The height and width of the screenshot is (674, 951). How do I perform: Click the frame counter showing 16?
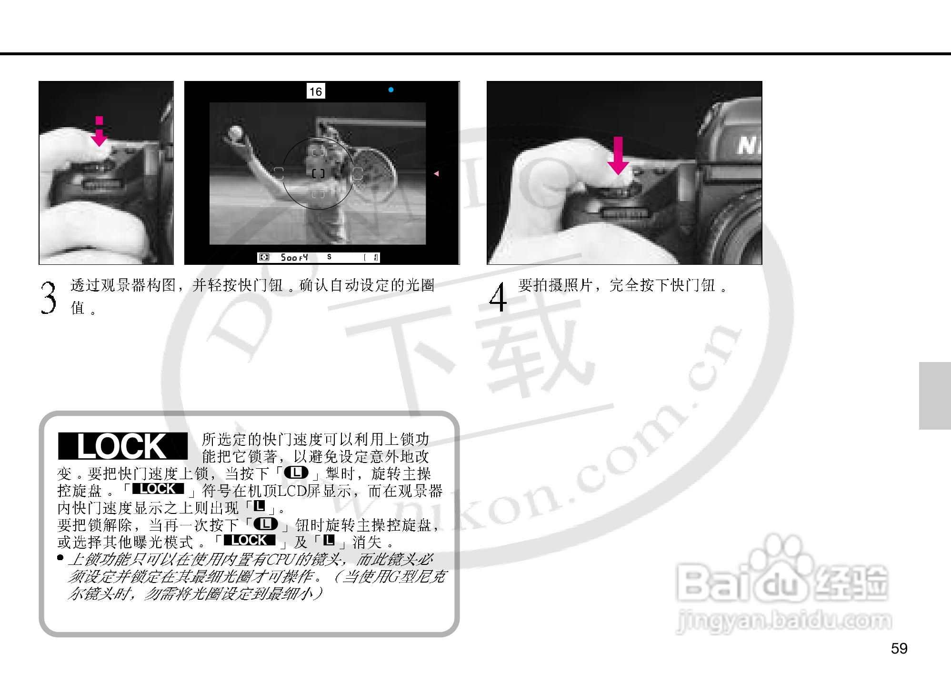click(x=315, y=91)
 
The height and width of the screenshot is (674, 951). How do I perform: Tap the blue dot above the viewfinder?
click(x=391, y=90)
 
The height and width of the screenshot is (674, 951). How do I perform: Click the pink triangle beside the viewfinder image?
click(x=436, y=174)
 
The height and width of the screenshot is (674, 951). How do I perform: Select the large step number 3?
click(x=48, y=298)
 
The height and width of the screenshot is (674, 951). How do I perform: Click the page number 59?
click(x=899, y=648)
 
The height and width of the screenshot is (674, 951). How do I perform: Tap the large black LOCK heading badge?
click(x=122, y=446)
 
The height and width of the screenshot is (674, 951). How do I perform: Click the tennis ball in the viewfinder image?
click(x=236, y=132)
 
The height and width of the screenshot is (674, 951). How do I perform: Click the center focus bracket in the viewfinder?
click(x=318, y=173)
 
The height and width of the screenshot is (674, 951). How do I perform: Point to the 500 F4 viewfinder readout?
click(x=294, y=258)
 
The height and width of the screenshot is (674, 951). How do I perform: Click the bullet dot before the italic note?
click(x=60, y=557)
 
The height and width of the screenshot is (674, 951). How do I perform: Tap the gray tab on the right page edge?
click(x=934, y=395)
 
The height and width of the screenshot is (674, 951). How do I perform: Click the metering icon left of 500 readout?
click(x=264, y=258)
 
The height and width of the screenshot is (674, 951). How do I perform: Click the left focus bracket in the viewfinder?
click(x=279, y=173)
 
